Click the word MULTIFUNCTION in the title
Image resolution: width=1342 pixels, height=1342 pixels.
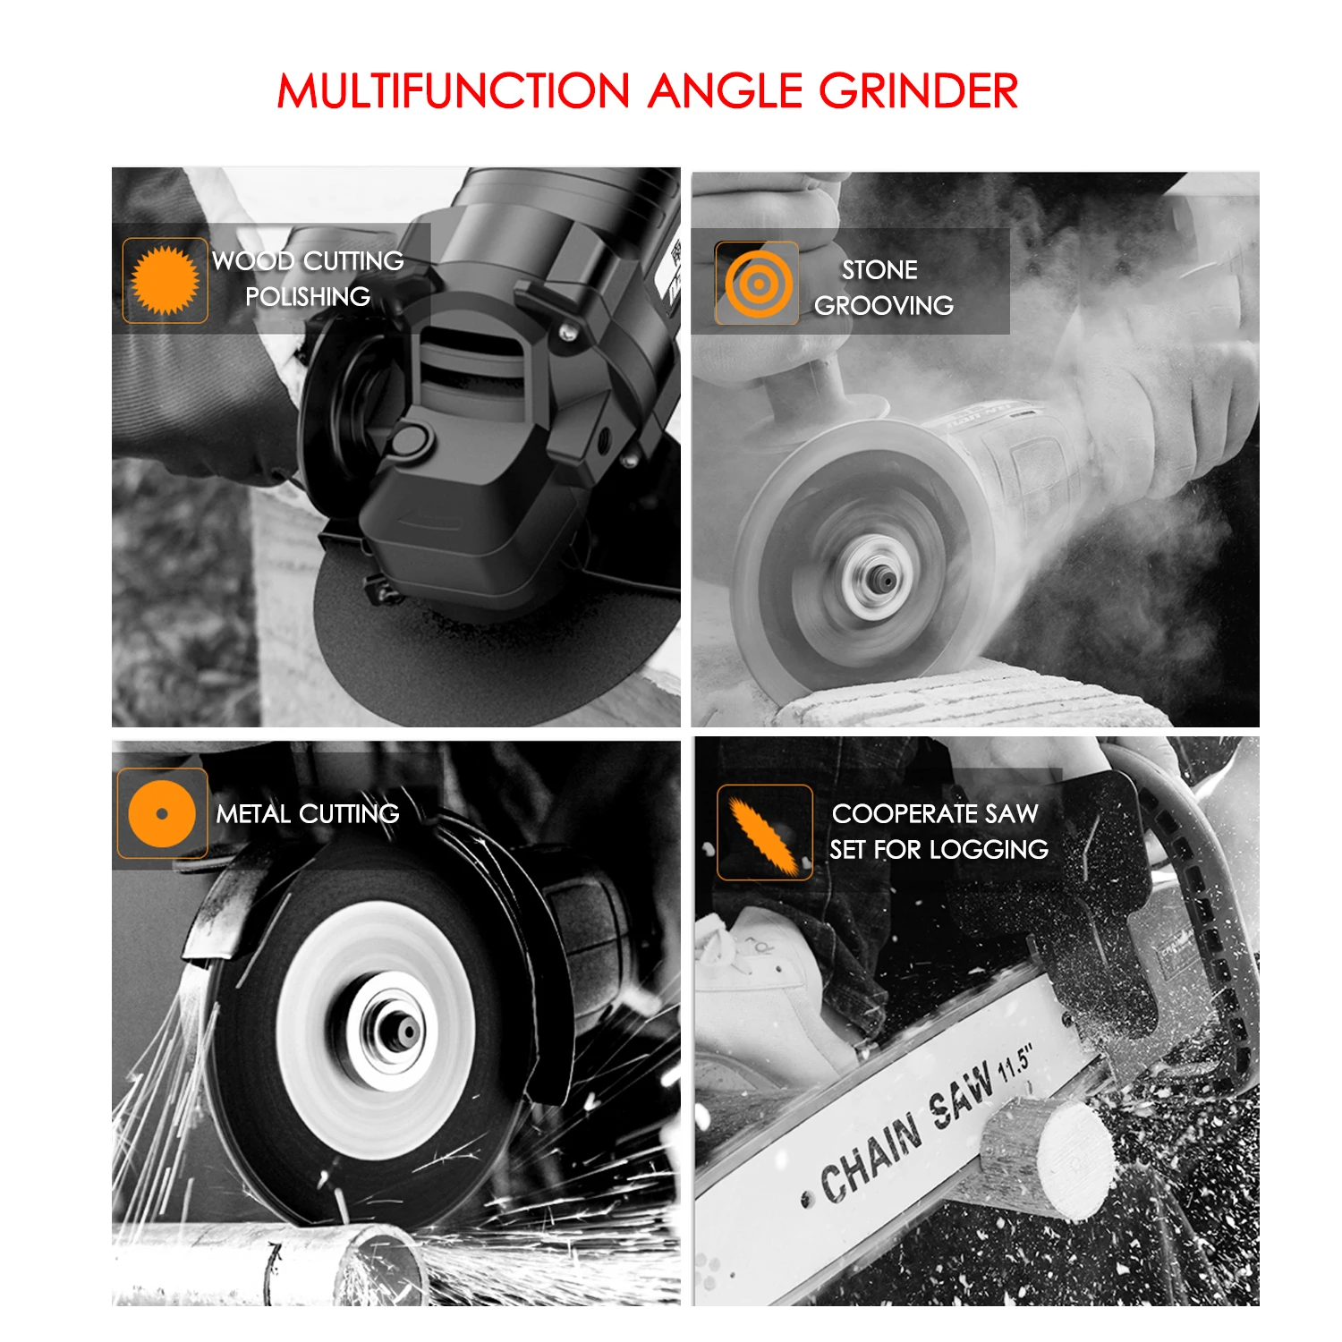454,91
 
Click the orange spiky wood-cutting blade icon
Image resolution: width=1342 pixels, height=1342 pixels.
166,280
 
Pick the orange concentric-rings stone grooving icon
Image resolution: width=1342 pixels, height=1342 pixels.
759,284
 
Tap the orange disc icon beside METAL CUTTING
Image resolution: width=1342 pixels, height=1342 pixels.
162,813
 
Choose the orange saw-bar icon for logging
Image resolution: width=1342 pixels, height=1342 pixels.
764,833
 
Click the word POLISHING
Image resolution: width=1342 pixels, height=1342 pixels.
308,296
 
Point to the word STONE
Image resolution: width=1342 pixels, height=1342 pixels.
879,269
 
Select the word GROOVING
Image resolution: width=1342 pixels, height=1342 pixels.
884,305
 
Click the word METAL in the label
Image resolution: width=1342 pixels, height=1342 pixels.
253,813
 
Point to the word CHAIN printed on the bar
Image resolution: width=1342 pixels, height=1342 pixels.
871,1160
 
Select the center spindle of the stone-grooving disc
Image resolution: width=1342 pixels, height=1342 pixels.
882,582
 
